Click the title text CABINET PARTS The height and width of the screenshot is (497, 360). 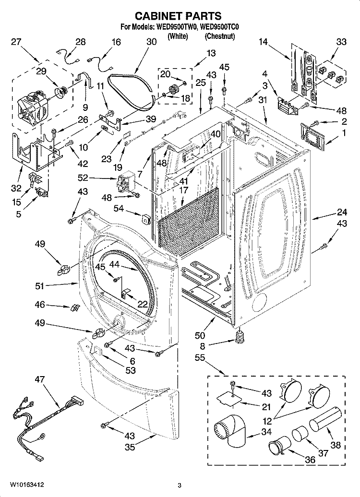pos(180,16)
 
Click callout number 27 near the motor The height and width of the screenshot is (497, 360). pos(16,42)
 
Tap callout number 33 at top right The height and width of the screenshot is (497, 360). pos(341,42)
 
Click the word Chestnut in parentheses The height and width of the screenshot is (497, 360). pos(220,36)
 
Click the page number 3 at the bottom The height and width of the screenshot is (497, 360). pos(179,485)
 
